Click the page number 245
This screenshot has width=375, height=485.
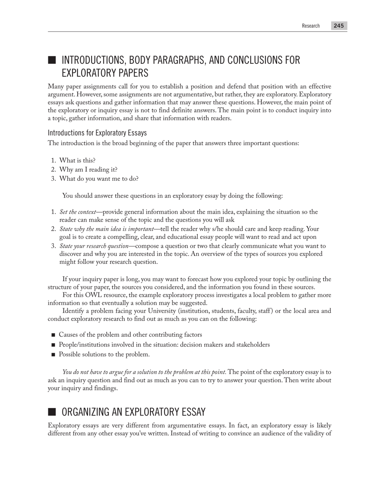pyautogui.click(x=339, y=26)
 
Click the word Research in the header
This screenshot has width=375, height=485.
pyautogui.click(x=311, y=26)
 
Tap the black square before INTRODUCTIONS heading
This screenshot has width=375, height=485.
pyautogui.click(x=52, y=60)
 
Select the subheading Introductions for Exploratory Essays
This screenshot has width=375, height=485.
pyautogui.click(x=97, y=132)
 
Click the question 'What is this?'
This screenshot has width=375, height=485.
pyautogui.click(x=77, y=160)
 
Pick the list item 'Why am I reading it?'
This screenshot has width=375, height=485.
pyautogui.click(x=88, y=170)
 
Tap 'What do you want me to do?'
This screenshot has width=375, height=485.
pyautogui.click(x=99, y=179)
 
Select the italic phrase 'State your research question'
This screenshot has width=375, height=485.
pyautogui.click(x=94, y=246)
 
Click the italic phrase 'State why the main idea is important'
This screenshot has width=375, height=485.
pyautogui.click(x=107, y=229)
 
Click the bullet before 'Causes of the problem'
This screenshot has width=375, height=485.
pyautogui.click(x=53, y=335)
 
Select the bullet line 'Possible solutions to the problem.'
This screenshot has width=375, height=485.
pyautogui.click(x=104, y=354)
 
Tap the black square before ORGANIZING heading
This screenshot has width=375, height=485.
pyautogui.click(x=52, y=412)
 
